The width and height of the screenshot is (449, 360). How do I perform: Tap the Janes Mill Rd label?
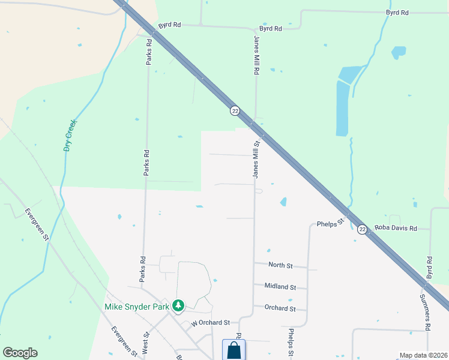pyautogui.click(x=256, y=55)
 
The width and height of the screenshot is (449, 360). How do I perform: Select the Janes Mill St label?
pyautogui.click(x=256, y=160)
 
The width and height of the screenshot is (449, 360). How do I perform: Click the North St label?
pyautogui.click(x=280, y=265)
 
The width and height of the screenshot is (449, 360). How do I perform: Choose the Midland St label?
pyautogui.click(x=280, y=287)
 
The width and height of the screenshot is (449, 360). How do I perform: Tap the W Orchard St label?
pyautogui.click(x=211, y=323)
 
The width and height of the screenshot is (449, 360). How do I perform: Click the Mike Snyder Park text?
pyautogui.click(x=137, y=306)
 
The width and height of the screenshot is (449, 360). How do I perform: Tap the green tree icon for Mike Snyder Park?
pyautogui.click(x=178, y=306)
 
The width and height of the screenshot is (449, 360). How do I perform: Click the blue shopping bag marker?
pyautogui.click(x=234, y=351)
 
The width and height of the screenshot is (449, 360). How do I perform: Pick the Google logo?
pyautogui.click(x=20, y=353)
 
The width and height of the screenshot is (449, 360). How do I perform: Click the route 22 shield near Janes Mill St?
pyautogui.click(x=235, y=111)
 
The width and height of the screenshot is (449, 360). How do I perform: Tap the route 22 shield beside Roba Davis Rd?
pyautogui.click(x=362, y=229)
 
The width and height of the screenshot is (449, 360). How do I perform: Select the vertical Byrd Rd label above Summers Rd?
pyautogui.click(x=429, y=268)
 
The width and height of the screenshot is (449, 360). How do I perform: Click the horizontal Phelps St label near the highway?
pyautogui.click(x=330, y=223)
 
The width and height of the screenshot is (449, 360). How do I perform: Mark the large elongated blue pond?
pyautogui.click(x=342, y=108)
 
